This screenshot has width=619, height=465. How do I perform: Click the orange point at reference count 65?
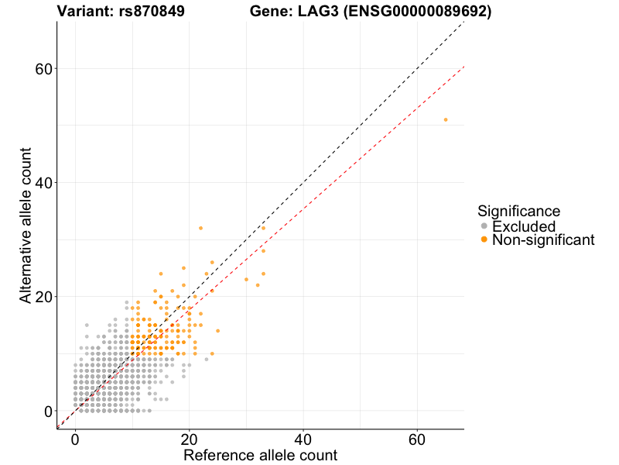point(446,119)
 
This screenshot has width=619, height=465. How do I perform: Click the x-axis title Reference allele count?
point(260,455)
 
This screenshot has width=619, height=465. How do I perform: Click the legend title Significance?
point(518,211)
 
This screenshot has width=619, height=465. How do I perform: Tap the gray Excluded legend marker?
point(484,226)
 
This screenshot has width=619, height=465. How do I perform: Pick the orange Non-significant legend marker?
point(484,240)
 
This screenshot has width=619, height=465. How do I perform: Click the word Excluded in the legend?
point(524,226)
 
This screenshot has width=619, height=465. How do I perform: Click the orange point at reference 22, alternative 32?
point(200,228)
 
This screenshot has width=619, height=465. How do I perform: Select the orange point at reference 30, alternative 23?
point(246,279)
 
